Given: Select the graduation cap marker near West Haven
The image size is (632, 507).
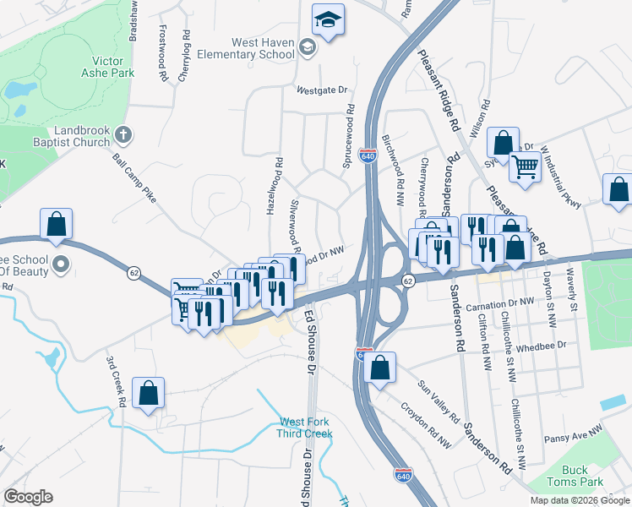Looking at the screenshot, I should (328, 19).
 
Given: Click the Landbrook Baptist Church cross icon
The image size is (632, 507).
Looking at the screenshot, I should (123, 133).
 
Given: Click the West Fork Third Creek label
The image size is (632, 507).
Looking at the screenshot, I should (306, 428).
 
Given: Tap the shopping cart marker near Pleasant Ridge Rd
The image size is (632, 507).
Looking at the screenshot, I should (526, 168).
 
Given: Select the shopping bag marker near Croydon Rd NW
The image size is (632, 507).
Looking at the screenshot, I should (380, 368).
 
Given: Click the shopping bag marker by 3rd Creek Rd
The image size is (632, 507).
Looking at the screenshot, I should (148, 393).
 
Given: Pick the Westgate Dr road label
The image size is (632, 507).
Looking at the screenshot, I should (322, 90).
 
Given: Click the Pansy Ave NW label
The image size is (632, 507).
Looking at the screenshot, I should (572, 429).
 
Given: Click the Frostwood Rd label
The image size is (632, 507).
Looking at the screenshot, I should (163, 52).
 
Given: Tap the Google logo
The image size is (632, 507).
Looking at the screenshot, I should (28, 497).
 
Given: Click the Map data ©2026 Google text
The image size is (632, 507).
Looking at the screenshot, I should (579, 500).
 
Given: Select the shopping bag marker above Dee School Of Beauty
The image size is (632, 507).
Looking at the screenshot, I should (56, 225).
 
